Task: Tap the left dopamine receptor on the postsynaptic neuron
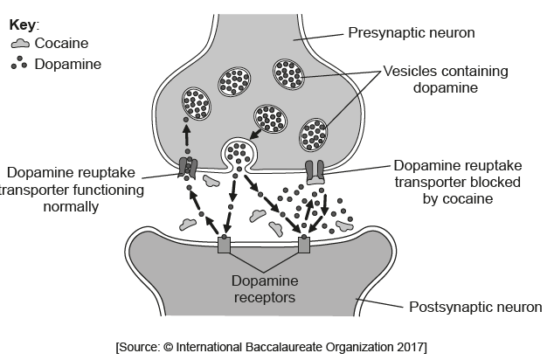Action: (225, 245)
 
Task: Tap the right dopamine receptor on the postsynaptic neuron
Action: (304, 245)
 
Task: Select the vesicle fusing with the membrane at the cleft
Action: (238, 154)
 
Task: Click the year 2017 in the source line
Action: (410, 348)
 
